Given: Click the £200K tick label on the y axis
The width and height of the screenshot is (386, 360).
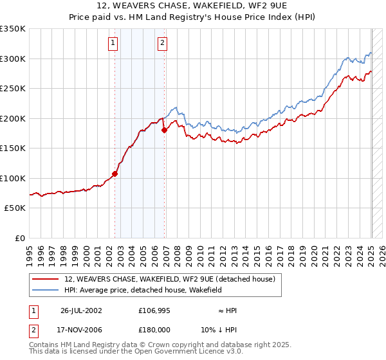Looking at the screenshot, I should pyautogui.click(x=12, y=118).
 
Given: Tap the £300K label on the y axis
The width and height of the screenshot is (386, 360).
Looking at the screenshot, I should pyautogui.click(x=12, y=59).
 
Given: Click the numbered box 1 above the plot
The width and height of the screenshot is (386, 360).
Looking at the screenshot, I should pyautogui.click(x=113, y=43).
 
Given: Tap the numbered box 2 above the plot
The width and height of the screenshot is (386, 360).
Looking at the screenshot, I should pyautogui.click(x=162, y=43).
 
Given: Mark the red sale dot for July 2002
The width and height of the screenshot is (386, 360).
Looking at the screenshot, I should pyautogui.click(x=115, y=174).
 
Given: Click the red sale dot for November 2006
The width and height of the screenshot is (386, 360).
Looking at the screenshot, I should pyautogui.click(x=164, y=130).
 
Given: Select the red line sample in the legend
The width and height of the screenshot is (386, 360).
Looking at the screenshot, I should pyautogui.click(x=46, y=279).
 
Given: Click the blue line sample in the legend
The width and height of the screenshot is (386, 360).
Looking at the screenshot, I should pyautogui.click(x=46, y=290).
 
